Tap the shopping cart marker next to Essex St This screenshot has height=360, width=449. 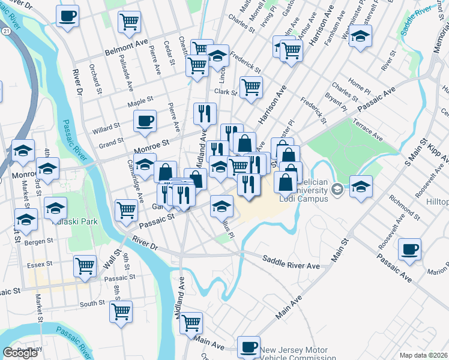(x=85, y=265)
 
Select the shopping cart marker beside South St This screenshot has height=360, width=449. (x=121, y=312)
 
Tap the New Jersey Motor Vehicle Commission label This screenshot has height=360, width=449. (x=295, y=354)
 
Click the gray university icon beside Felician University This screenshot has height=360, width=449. (x=338, y=190)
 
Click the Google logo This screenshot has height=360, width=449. (x=20, y=353)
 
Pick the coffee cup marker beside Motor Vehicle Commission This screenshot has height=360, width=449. (x=249, y=347)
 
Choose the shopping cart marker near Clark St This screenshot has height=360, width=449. (x=251, y=88)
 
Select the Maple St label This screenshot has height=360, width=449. (x=141, y=102)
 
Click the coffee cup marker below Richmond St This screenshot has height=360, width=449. (x=409, y=249)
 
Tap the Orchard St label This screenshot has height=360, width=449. (x=94, y=76)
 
